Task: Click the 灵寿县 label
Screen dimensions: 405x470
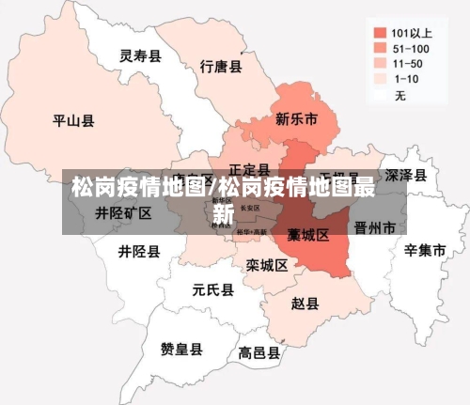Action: pos(140,56)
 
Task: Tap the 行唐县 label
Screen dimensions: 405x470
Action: pos(222,67)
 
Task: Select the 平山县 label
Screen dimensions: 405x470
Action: pos(72,120)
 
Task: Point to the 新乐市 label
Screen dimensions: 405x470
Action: pos(296,119)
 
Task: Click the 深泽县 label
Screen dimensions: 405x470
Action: pos(406,176)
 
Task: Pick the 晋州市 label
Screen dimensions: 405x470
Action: pos(375,227)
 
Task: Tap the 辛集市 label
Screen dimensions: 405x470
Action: pos(424,250)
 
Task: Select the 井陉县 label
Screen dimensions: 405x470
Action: pos(139,252)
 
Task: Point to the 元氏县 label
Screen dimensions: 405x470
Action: pos(212,289)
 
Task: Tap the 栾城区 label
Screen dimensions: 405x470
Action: pos(267,266)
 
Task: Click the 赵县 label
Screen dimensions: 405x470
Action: pos(305,304)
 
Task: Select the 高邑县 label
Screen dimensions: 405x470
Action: pos(259,353)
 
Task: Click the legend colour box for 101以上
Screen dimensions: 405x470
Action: pos(379,30)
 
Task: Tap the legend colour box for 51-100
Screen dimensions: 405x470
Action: pos(379,47)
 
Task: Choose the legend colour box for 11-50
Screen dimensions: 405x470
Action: pos(379,63)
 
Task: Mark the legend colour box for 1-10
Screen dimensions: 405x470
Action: pos(379,79)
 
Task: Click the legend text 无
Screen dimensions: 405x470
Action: pos(399,95)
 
